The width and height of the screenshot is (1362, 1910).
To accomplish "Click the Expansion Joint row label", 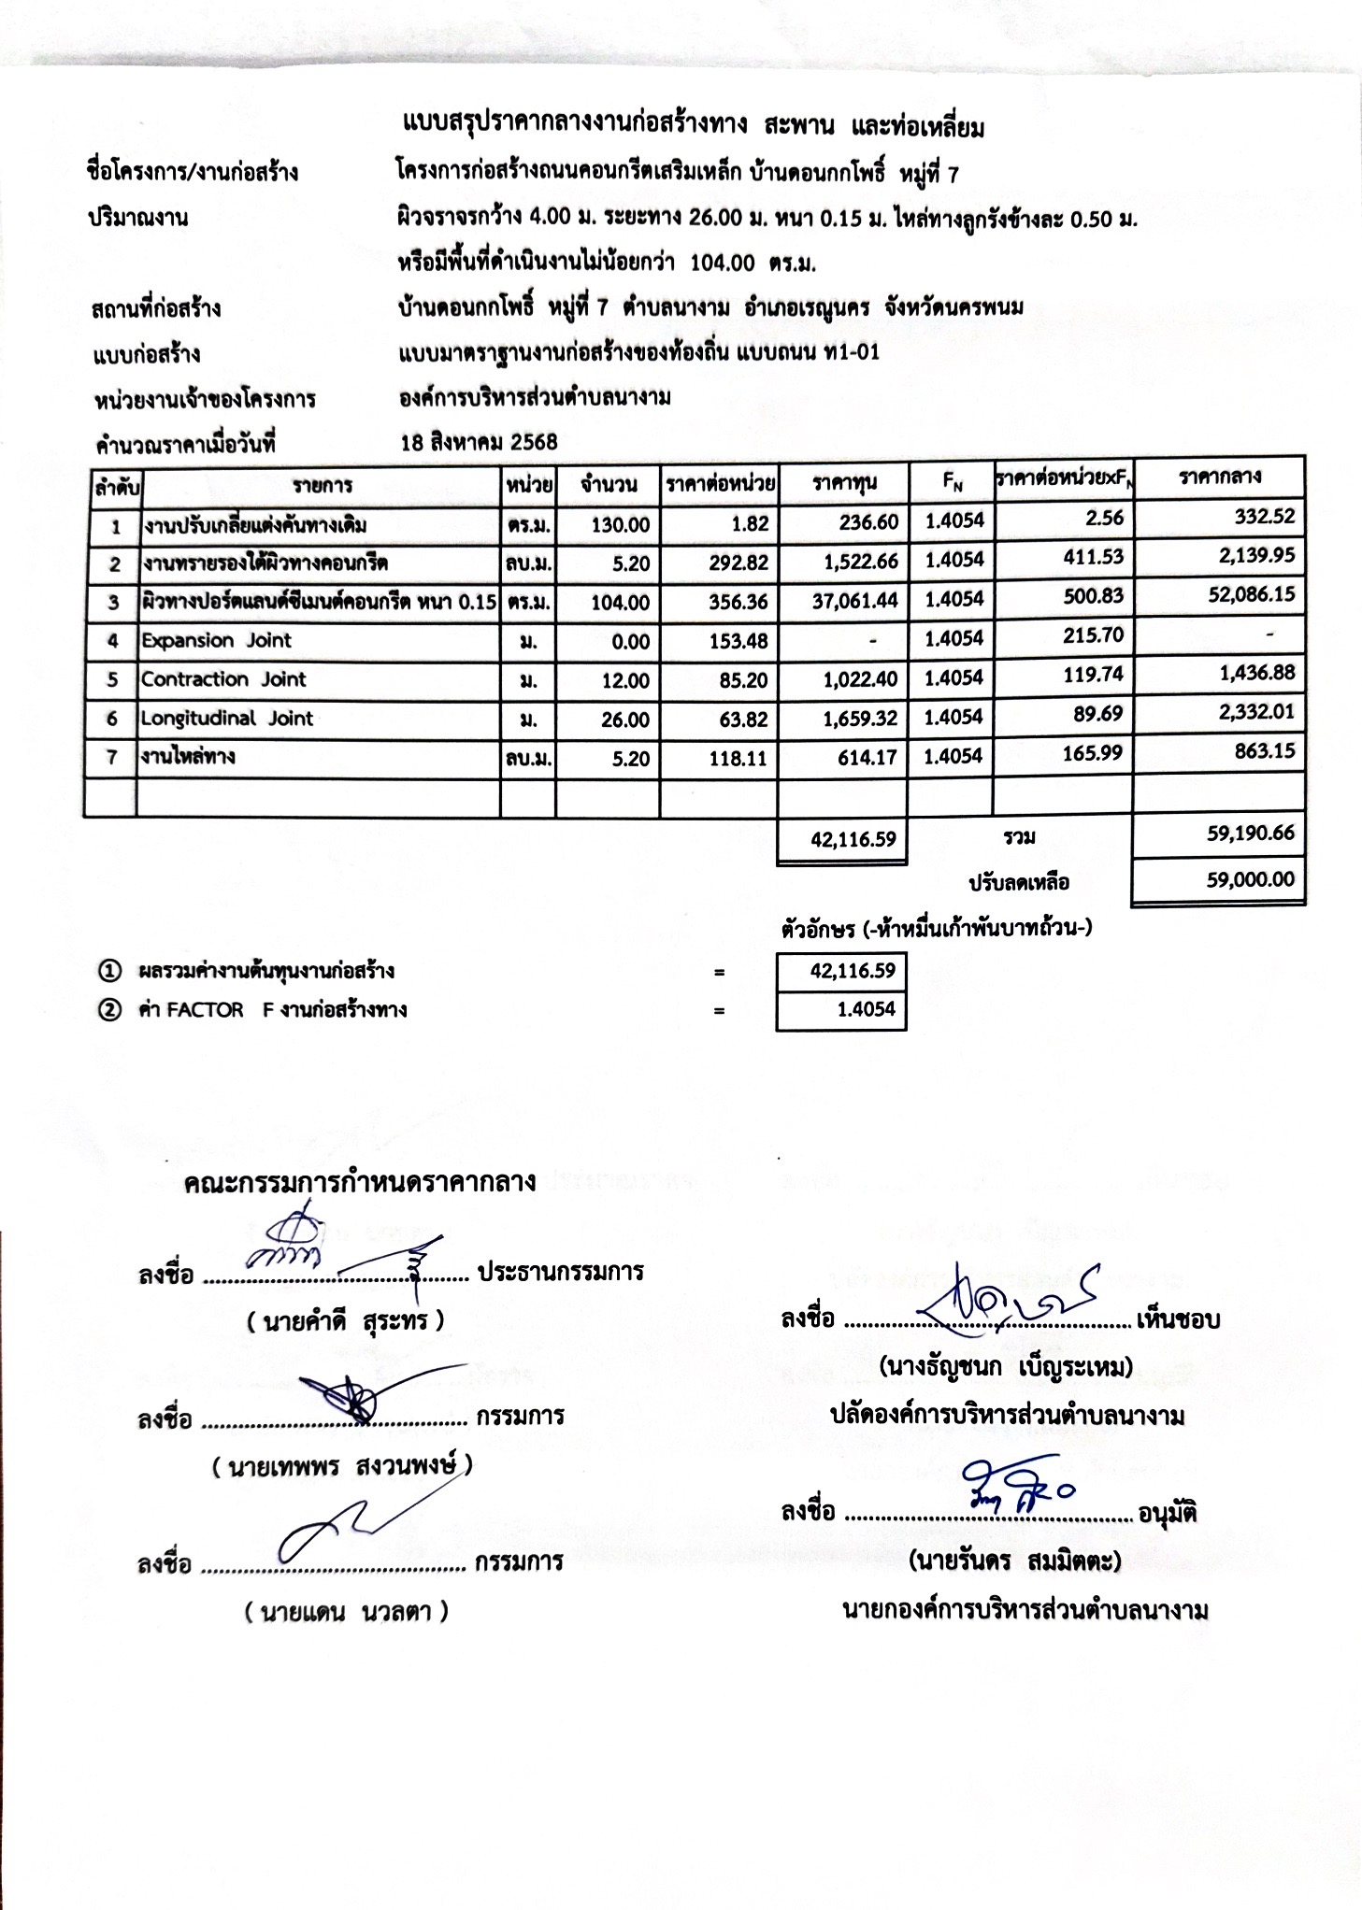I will [x=216, y=641].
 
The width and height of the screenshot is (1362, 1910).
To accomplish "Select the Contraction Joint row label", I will [x=223, y=679].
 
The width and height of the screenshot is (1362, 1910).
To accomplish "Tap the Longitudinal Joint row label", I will [x=227, y=719].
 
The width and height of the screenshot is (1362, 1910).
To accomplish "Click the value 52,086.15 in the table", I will [x=1251, y=594].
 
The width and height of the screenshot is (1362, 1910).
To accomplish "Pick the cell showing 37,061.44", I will [x=854, y=602].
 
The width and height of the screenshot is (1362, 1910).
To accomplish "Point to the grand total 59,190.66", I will [x=1250, y=833].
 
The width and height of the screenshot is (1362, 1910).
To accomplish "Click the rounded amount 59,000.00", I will [x=1250, y=879].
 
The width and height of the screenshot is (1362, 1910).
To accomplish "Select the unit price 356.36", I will [x=738, y=602].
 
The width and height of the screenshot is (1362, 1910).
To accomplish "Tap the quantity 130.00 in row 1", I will [x=620, y=524].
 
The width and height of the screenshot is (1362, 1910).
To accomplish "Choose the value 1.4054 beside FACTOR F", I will [x=867, y=1009].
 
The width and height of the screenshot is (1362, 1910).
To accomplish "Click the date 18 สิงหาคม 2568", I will [x=479, y=442].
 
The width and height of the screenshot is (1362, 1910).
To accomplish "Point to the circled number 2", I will [x=110, y=1010].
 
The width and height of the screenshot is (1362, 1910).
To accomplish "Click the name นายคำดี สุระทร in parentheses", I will [x=345, y=1321].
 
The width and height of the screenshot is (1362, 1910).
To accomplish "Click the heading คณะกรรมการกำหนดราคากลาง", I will [x=360, y=1183].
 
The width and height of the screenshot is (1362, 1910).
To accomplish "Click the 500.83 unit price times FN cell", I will [x=1093, y=596].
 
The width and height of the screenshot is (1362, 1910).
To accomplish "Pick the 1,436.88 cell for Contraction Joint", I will [x=1257, y=673].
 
